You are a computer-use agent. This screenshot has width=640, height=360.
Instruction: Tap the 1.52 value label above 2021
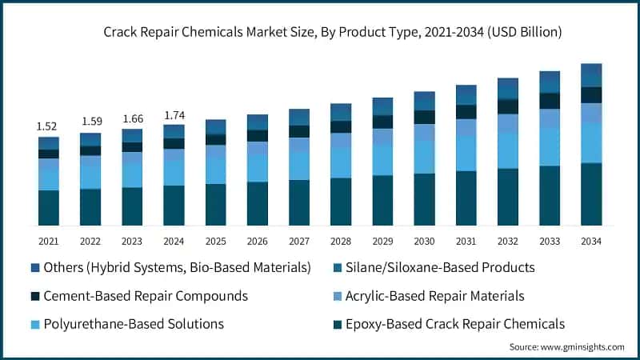(48, 126)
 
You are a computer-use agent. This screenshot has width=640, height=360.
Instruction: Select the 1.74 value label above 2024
(174, 115)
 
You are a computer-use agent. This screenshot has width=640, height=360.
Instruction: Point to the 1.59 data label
(90, 122)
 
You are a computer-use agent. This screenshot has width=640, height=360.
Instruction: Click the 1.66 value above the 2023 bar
(132, 118)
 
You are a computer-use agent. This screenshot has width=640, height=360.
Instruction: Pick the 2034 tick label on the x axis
(591, 240)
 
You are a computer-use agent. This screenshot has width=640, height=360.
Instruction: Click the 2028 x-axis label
(341, 240)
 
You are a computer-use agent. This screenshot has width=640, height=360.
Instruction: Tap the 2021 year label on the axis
(48, 240)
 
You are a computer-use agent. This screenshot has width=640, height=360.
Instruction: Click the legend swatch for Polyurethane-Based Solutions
(34, 324)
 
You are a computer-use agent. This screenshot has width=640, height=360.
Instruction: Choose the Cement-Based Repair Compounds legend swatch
(34, 296)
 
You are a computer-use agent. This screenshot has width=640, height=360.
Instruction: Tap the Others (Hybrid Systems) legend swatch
(34, 267)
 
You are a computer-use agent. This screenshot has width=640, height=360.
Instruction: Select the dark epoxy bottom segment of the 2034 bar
(591, 194)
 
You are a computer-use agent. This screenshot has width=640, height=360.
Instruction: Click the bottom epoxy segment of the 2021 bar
(48, 208)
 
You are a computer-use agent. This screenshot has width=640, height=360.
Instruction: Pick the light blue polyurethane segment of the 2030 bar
(424, 157)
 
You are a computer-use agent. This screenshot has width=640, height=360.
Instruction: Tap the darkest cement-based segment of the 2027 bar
(299, 131)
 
